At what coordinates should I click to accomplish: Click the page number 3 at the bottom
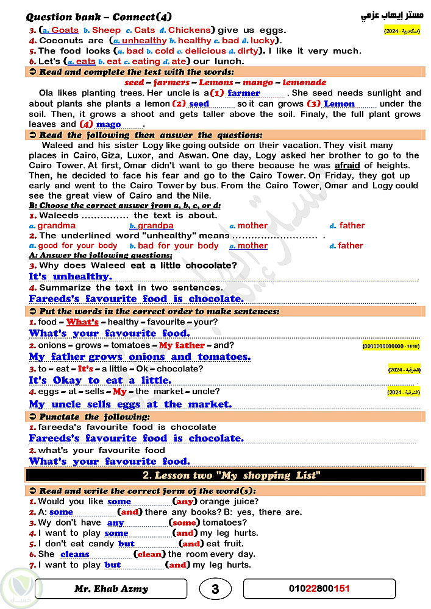[215, 589]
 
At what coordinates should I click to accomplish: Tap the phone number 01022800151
[319, 589]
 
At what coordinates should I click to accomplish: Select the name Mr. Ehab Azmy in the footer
[111, 589]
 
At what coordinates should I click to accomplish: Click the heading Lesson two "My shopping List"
[231, 475]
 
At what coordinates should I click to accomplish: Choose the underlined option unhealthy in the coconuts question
[144, 40]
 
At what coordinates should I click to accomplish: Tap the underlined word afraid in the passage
[347, 165]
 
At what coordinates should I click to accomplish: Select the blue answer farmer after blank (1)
[244, 93]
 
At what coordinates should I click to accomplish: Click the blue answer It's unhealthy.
[70, 276]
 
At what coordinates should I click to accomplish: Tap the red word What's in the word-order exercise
[82, 322]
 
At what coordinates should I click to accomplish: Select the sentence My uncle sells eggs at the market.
[130, 404]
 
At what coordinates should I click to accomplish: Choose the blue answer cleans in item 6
[75, 554]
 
